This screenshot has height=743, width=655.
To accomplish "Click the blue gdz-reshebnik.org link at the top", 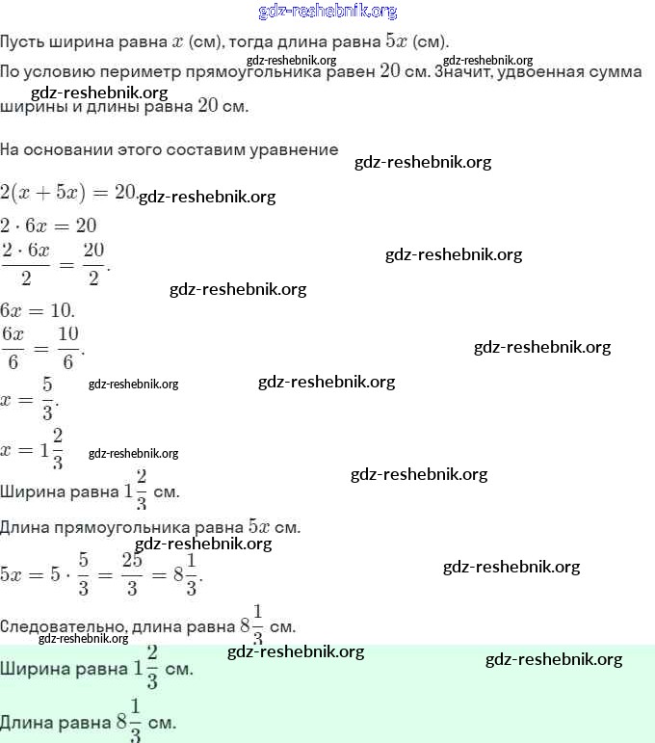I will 327,12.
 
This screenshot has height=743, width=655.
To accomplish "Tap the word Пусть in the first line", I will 23,42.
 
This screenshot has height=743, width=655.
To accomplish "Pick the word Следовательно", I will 60,625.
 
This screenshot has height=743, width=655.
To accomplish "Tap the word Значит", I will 464,72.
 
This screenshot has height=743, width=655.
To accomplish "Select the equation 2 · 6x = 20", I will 48,226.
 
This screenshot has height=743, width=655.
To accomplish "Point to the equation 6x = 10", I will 37,311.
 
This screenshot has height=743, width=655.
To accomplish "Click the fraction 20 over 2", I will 93,264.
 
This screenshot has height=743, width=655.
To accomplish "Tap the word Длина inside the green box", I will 29,722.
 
